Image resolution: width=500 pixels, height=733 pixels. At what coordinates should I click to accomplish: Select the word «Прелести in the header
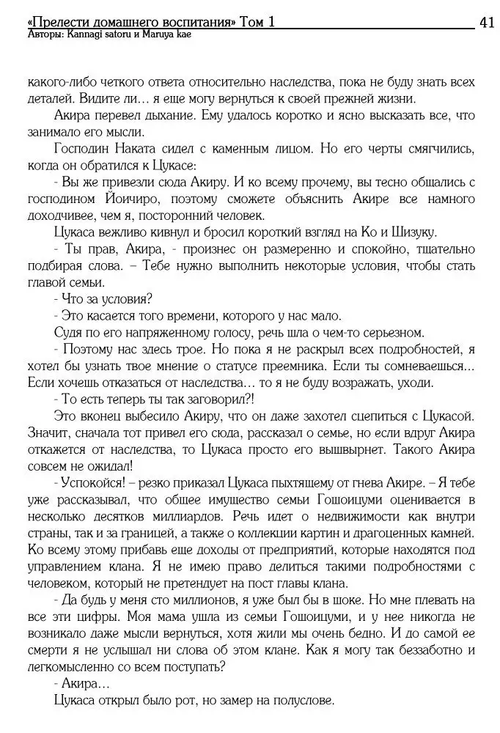[x=54, y=23]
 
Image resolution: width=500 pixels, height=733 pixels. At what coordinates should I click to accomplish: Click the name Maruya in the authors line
[x=160, y=34]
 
